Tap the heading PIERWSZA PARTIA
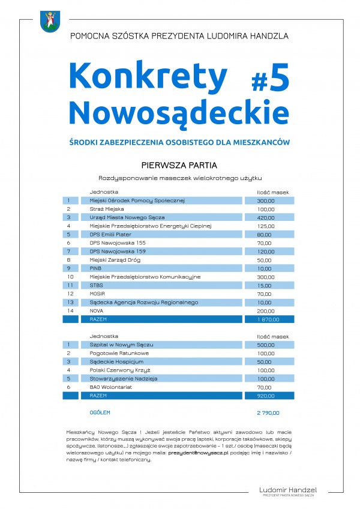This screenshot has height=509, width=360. tap(179, 164)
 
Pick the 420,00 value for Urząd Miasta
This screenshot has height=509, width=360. tap(265, 217)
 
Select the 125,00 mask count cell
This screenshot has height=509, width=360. tap(265, 226)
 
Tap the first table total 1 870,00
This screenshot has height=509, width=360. tap(266, 320)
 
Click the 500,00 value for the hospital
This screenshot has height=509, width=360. tap(265, 345)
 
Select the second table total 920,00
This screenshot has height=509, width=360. tap(265, 396)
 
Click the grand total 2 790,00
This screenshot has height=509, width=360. tap(268, 413)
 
